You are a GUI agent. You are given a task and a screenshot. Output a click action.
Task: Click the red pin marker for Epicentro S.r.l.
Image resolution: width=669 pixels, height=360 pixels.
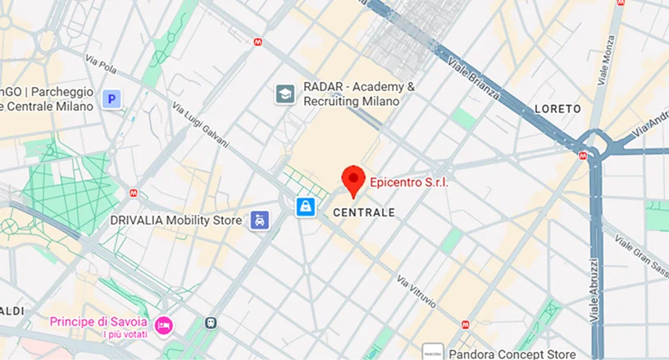point(353,179)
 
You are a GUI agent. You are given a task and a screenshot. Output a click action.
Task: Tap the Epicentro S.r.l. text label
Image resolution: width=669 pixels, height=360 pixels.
point(408,182)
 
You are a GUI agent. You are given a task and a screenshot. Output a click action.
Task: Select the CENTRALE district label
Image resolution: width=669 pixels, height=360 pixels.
point(365,212)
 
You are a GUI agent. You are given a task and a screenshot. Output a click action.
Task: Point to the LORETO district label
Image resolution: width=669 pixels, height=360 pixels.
point(557,108)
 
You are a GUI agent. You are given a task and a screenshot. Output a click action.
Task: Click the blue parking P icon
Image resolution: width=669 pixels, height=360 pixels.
point(111,99)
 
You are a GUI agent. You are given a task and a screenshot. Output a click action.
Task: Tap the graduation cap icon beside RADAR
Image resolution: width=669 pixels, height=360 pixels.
point(285,94)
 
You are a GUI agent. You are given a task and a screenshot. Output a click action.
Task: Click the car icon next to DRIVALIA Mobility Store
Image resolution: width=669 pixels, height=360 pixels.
point(260,220)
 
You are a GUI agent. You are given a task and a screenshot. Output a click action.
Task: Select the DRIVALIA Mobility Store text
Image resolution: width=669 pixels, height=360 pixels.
point(176,220)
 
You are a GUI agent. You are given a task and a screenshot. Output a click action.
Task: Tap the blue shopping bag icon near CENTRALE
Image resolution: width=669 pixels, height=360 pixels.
point(306,207)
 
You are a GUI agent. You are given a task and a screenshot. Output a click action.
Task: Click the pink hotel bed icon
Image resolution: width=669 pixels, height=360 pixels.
point(164,326)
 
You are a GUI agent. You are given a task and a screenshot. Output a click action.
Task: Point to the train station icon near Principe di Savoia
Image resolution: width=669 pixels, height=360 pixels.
point(212,322)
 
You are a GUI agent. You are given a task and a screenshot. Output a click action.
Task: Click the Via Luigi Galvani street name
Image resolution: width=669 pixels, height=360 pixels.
point(201,125)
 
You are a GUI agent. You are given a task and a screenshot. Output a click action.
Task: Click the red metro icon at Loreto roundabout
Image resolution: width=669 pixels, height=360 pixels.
point(583,153)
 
